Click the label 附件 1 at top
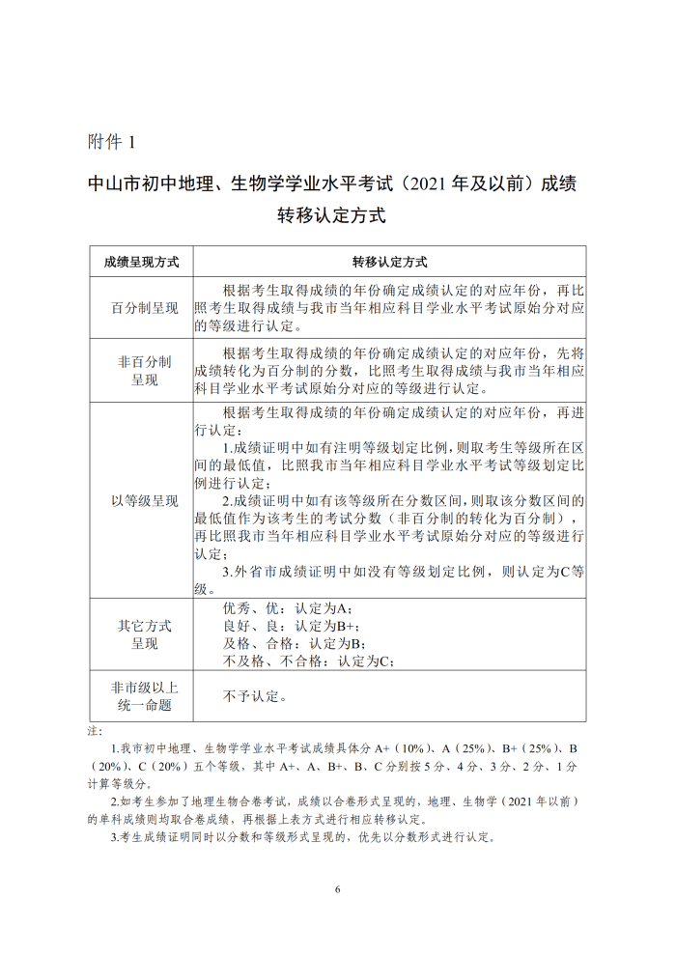click(x=112, y=141)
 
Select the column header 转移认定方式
click(x=389, y=262)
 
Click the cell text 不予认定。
click(x=255, y=695)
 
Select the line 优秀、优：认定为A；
click(x=289, y=608)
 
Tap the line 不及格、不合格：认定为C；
click(x=309, y=661)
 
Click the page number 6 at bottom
click(x=338, y=889)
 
